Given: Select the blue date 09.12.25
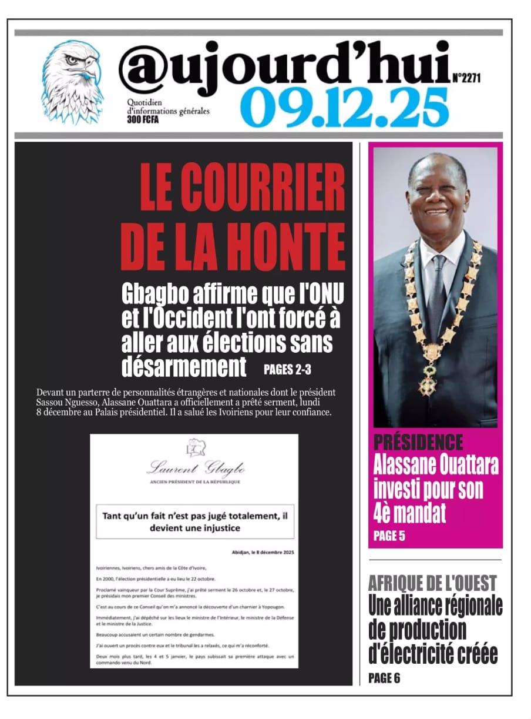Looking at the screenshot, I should click(344, 108).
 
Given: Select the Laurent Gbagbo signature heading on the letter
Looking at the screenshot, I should click(195, 469).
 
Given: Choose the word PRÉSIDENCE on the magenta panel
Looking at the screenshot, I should click(418, 442).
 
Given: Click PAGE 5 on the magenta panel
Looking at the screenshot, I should click(389, 536).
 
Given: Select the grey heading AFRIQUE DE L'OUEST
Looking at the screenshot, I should click(432, 583).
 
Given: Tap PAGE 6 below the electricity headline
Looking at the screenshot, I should click(384, 678).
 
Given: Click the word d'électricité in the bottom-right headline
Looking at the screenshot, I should click(433, 653).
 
